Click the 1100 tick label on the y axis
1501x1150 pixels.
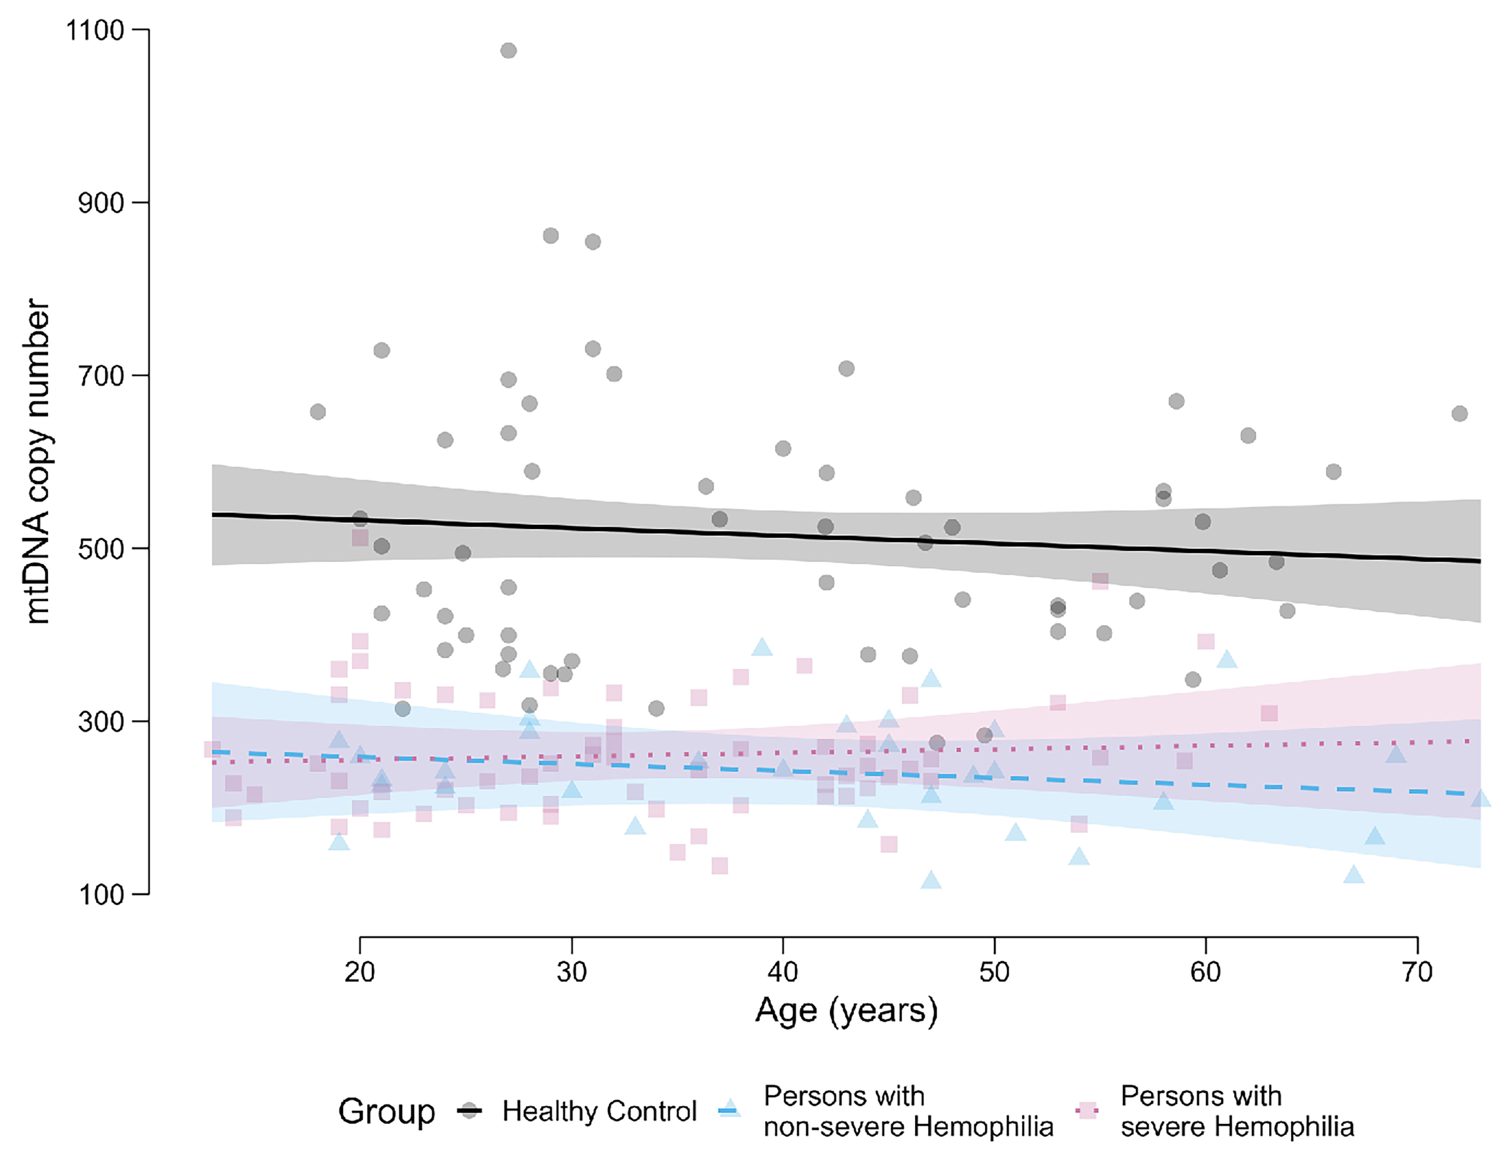(95, 30)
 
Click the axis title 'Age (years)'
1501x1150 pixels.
(846, 1010)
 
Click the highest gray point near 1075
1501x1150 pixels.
(508, 51)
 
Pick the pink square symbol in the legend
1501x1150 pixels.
(1087, 1110)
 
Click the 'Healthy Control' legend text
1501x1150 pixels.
(599, 1111)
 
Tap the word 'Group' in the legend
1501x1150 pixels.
(386, 1111)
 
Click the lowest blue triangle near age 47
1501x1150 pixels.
(931, 880)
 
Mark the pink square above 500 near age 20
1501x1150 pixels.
(360, 537)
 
